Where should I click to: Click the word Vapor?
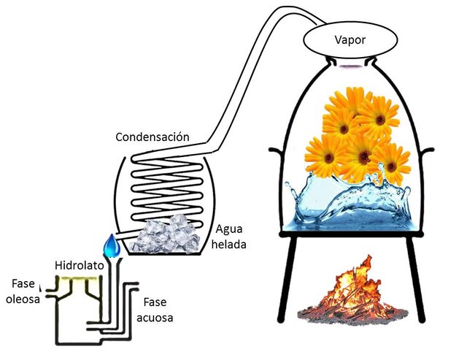pos(350,40)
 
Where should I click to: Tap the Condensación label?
pos(153,137)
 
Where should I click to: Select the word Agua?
pos(229,230)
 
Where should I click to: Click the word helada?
pos(228,245)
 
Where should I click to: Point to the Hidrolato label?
pos(80,266)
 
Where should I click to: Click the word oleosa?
pos(23,299)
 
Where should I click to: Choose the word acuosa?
pos(155,318)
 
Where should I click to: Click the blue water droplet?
pos(112,245)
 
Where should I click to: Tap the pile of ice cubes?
pos(166,234)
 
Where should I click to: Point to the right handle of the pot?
pos(428,151)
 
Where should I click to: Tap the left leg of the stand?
pos(287,280)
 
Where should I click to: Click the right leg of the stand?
pos(416,280)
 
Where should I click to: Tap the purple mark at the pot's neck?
pos(350,66)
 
